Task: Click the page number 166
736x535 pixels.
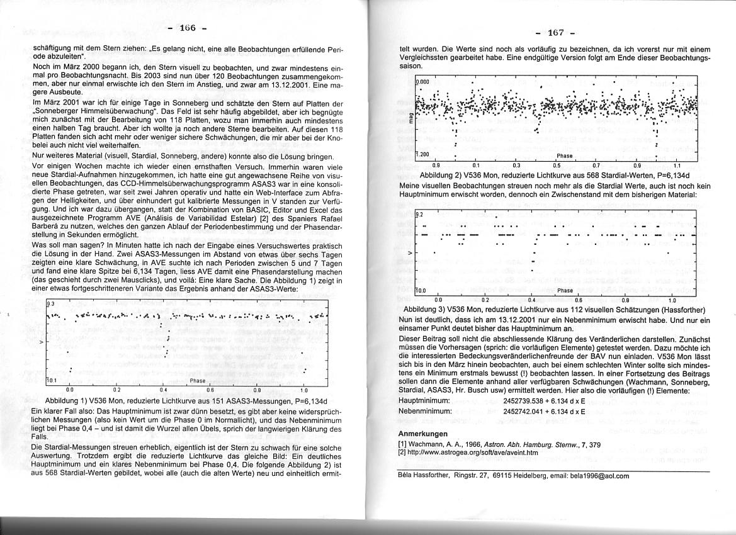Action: pos(188,28)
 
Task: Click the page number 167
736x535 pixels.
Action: pos(555,33)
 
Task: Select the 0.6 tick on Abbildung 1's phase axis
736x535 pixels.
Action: pos(210,390)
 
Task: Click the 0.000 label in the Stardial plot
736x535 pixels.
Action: pos(422,82)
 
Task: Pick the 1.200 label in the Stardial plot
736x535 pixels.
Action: pos(422,154)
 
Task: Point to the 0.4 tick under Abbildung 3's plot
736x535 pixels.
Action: pos(533,300)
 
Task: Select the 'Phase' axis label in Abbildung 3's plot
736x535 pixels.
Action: pos(565,291)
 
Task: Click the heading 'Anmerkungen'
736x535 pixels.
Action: pos(423,434)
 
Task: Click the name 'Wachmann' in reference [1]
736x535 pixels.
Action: pos(427,444)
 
